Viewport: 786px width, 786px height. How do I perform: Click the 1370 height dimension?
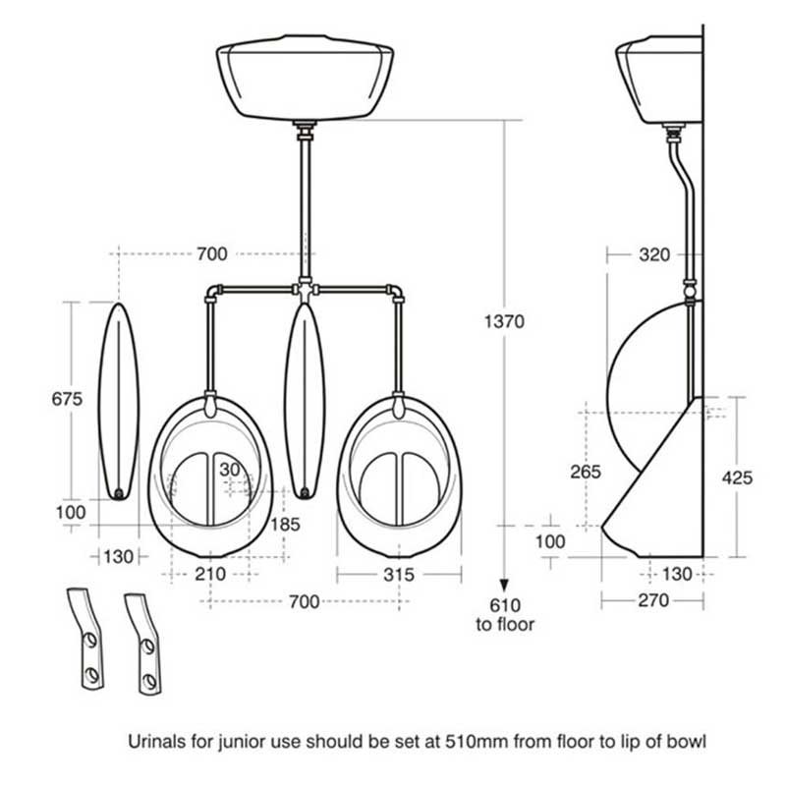[504, 321]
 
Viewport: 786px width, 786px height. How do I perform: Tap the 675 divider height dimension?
[67, 399]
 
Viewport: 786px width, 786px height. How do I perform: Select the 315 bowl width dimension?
[399, 575]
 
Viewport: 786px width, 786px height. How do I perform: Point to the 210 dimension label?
[210, 574]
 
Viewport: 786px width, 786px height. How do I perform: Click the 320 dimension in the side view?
[654, 254]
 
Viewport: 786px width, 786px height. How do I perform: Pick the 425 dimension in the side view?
[737, 477]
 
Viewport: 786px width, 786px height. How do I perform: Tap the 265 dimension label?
[586, 472]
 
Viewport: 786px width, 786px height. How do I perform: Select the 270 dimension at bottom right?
[653, 600]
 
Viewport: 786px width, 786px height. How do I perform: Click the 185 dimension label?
[285, 525]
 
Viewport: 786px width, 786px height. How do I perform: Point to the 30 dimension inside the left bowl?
[230, 470]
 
